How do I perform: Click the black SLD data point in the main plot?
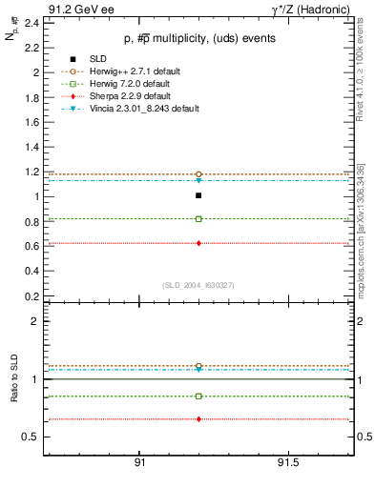pyautogui.click(x=198, y=195)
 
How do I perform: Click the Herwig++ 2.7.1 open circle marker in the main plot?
pyautogui.click(x=198, y=174)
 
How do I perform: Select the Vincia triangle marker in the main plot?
pyautogui.click(x=198, y=180)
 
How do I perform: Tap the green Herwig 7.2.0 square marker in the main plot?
pyautogui.click(x=198, y=219)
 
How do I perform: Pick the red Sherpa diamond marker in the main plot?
pyautogui.click(x=198, y=243)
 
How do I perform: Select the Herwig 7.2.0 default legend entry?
pyautogui.click(x=121, y=84)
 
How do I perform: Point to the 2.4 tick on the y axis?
pyautogui.click(x=33, y=22)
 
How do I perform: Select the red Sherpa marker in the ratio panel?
pyautogui.click(x=198, y=419)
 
